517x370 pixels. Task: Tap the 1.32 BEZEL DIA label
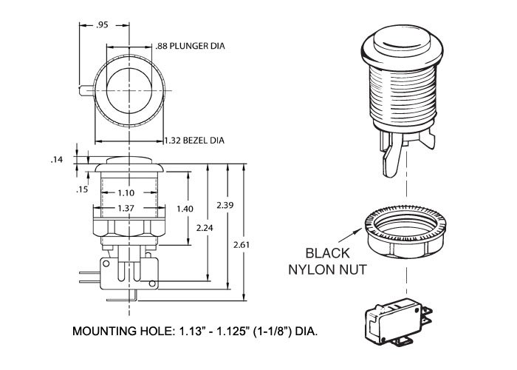[x=194, y=140]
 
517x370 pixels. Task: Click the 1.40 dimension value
[x=185, y=209]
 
